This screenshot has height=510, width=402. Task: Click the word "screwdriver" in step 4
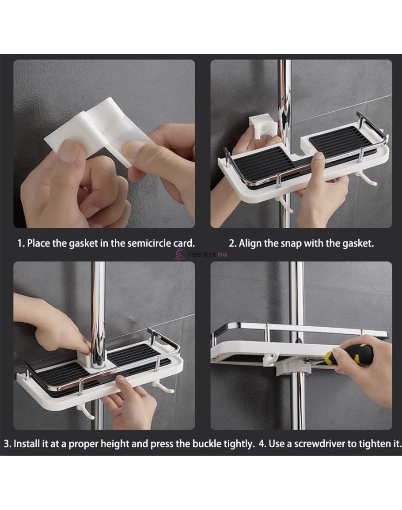[319, 444]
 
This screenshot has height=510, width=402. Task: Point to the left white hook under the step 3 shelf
[85, 413]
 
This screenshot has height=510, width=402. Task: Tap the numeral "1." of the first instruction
[21, 243]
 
